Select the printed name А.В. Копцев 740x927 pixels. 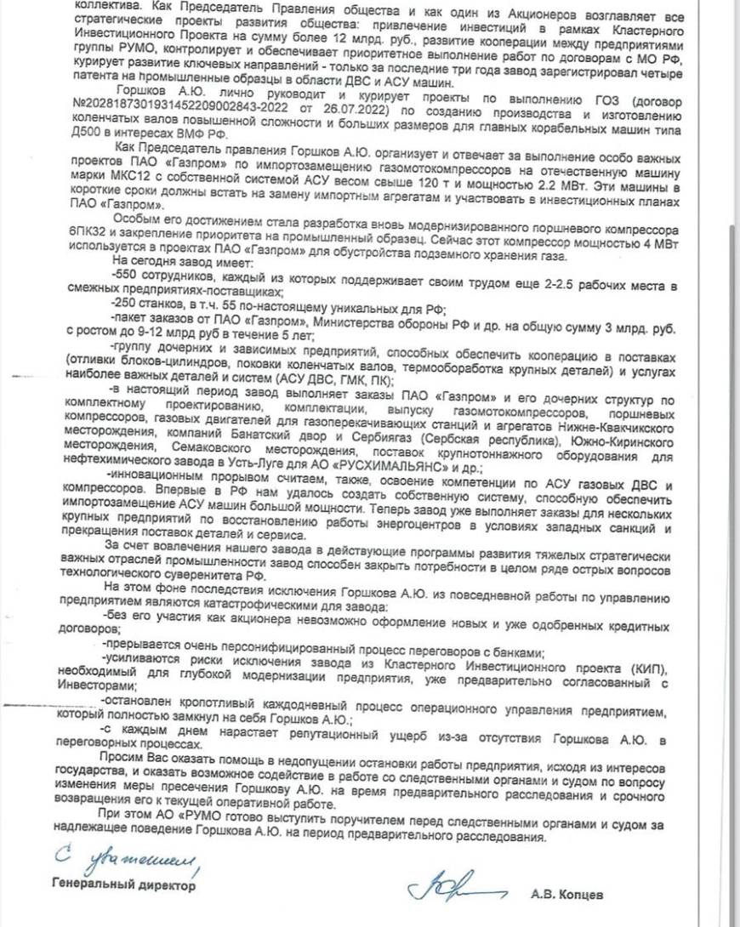point(566,894)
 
